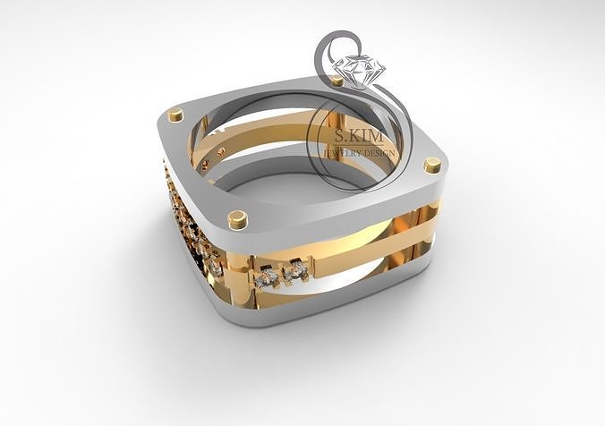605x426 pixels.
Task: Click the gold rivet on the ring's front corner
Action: tap(237, 217)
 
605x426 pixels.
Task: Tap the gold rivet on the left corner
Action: tap(175, 115)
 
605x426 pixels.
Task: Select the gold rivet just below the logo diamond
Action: tap(337, 81)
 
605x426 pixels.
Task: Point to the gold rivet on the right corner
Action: tap(432, 165)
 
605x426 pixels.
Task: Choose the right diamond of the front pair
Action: tap(296, 267)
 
